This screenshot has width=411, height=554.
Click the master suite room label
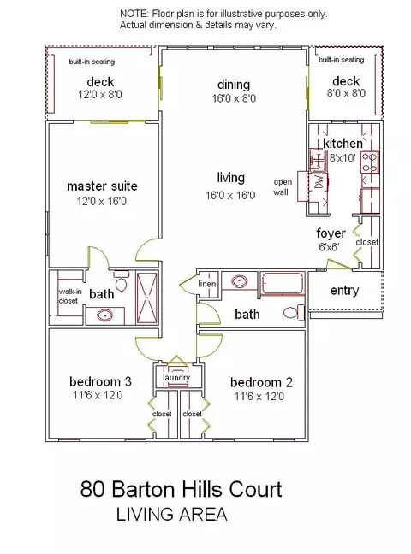pyautogui.click(x=102, y=186)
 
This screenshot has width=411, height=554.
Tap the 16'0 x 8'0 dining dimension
pyautogui.click(x=234, y=98)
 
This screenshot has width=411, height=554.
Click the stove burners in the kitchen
pyautogui.click(x=370, y=162)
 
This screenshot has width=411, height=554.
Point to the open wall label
pyautogui.click(x=283, y=187)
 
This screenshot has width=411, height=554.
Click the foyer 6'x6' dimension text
pyautogui.click(x=329, y=246)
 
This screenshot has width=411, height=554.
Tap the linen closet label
pyautogui.click(x=207, y=284)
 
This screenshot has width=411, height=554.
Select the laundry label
pyautogui.click(x=176, y=377)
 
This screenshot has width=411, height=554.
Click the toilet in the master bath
pyautogui.click(x=121, y=280)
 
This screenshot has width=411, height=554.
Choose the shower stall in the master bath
pyautogui.click(x=146, y=298)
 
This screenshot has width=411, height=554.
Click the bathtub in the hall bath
pyautogui.click(x=283, y=283)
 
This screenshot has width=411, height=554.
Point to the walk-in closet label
pyautogui.click(x=69, y=296)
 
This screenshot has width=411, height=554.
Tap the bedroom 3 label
pyautogui.click(x=100, y=381)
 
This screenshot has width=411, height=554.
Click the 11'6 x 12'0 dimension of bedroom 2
pyautogui.click(x=259, y=397)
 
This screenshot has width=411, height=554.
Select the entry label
pyautogui.click(x=344, y=291)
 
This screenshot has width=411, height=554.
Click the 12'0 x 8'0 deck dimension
pyautogui.click(x=100, y=95)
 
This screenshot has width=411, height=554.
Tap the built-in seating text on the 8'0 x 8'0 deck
pyautogui.click(x=342, y=60)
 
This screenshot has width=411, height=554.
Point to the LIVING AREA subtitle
pyautogui.click(x=172, y=514)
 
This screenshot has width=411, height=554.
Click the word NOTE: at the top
pyautogui.click(x=134, y=14)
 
